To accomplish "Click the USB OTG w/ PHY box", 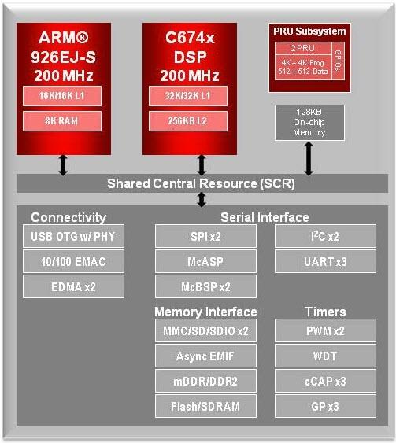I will pyautogui.click(x=73, y=236).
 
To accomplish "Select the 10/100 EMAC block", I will pyautogui.click(x=73, y=261).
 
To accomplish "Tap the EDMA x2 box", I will pyautogui.click(x=73, y=286).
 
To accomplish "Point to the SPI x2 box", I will pyautogui.click(x=205, y=236).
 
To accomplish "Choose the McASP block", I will pyautogui.click(x=205, y=261).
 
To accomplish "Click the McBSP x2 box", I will pyautogui.click(x=205, y=286).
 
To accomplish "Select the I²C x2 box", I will pyautogui.click(x=325, y=236).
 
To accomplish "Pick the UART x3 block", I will pyautogui.click(x=325, y=261).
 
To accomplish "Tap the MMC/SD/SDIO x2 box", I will pyautogui.click(x=205, y=331).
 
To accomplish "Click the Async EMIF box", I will pyautogui.click(x=205, y=356).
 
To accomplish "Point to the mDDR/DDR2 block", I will pyautogui.click(x=205, y=382).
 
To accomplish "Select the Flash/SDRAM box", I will pyautogui.click(x=205, y=407).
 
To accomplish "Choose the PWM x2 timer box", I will pyautogui.click(x=325, y=331).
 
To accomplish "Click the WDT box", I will pyautogui.click(x=325, y=356).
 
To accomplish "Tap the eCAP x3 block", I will pyautogui.click(x=325, y=382).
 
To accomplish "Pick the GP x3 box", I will pyautogui.click(x=325, y=407).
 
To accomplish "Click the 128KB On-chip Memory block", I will pyautogui.click(x=309, y=122).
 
